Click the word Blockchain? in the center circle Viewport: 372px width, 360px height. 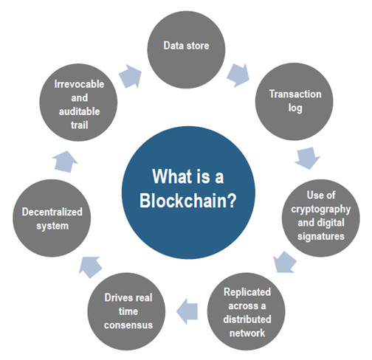(x=187, y=201)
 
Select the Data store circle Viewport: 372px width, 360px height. (x=186, y=49)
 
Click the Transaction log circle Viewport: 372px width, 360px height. (x=294, y=102)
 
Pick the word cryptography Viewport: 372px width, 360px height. (x=321, y=210)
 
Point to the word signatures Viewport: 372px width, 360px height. (x=321, y=236)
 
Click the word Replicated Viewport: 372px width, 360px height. (x=247, y=292)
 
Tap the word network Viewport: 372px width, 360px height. (x=247, y=333)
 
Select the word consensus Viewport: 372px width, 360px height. (x=128, y=325)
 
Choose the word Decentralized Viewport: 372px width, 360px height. (x=52, y=212)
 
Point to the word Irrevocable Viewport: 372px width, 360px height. (x=79, y=84)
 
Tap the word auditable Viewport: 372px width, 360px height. (x=79, y=111)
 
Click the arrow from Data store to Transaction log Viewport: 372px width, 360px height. (x=238, y=75)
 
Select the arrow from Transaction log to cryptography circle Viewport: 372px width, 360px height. (x=307, y=158)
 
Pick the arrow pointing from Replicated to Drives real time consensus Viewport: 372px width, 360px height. (x=187, y=311)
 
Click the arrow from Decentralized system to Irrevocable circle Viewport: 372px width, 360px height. (x=65, y=162)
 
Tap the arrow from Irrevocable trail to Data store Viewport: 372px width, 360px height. (x=131, y=76)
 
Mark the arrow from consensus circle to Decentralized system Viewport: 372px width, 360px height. (x=90, y=267)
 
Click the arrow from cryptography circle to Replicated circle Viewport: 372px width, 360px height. (x=285, y=262)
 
